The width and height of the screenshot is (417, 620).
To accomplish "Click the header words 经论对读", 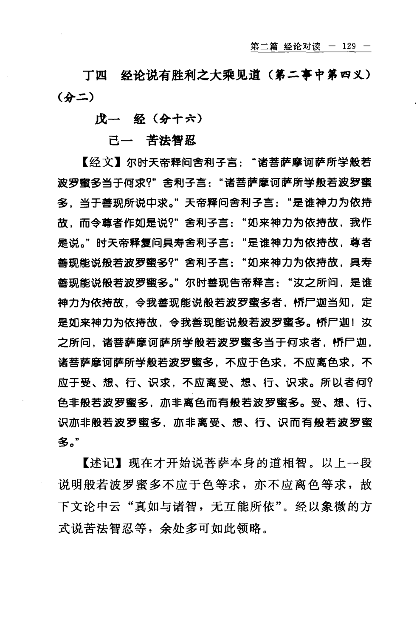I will pyautogui.click(x=302, y=46).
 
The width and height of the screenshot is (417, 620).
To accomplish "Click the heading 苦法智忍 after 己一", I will pyautogui.click(x=171, y=140).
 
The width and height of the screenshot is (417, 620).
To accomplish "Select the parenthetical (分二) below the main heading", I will pyautogui.click(x=73, y=97).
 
